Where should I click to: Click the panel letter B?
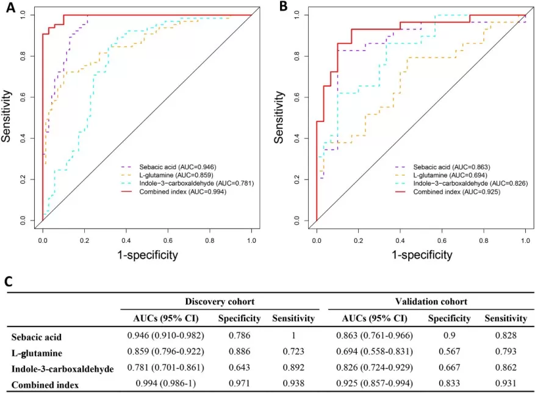(x=282, y=7)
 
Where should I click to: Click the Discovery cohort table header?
(x=220, y=301)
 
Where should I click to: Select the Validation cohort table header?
(x=431, y=301)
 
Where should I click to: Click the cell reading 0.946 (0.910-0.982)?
(x=165, y=336)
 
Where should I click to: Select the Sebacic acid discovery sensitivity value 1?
(x=293, y=336)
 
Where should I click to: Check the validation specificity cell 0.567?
(x=449, y=353)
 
